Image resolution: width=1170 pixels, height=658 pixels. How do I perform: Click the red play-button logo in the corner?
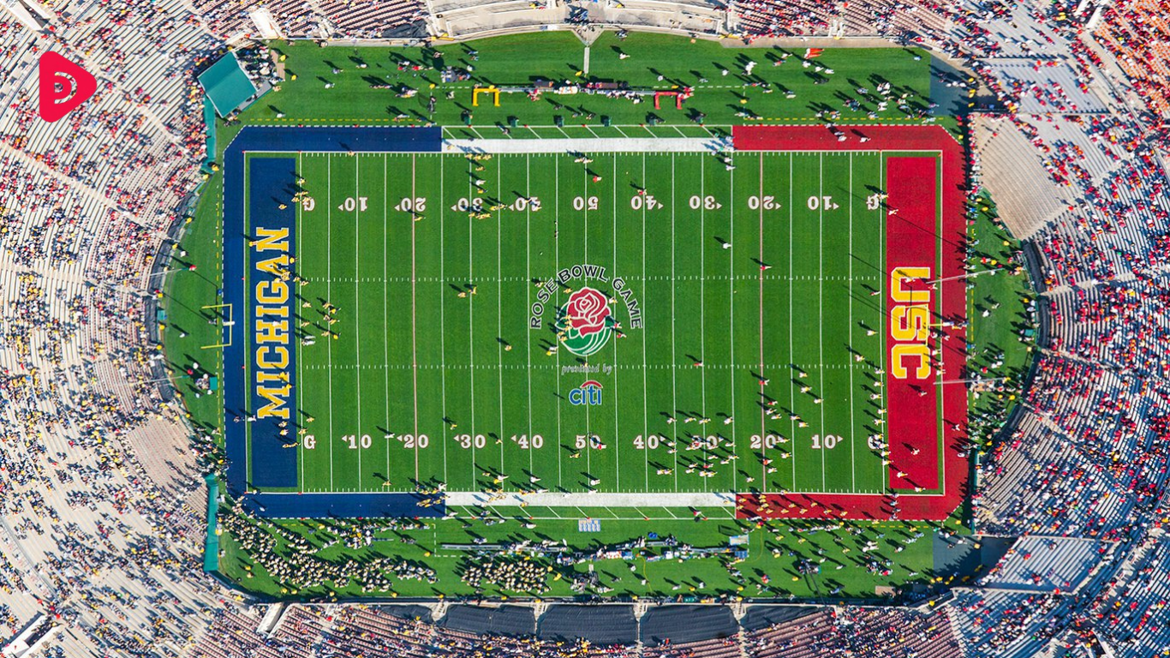tap(65, 86)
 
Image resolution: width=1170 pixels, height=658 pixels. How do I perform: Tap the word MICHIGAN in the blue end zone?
tap(273, 323)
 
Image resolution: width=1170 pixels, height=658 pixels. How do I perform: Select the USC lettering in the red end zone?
tap(910, 323)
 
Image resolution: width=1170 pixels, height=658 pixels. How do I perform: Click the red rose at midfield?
tap(588, 310)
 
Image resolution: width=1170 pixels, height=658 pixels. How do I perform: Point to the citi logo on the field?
tap(586, 393)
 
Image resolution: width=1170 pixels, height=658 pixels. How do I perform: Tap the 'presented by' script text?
tap(587, 370)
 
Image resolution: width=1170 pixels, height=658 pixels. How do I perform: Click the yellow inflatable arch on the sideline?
tap(486, 95)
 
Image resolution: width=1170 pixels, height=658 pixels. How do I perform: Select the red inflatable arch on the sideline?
tap(669, 98)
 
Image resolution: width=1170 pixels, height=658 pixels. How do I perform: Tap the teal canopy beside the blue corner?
tap(226, 83)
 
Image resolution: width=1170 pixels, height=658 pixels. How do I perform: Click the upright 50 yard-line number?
tap(588, 442)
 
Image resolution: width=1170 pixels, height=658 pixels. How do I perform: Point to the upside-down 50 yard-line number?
tap(586, 203)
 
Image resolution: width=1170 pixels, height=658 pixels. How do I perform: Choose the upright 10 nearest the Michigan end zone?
tap(358, 442)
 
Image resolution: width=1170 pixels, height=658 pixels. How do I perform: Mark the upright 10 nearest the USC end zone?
tap(825, 442)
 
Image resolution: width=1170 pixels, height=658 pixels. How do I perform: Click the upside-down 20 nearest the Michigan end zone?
tap(410, 204)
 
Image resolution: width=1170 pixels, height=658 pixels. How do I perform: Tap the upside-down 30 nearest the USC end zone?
tap(705, 203)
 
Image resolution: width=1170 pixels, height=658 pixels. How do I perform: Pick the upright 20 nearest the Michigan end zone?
tap(415, 442)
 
